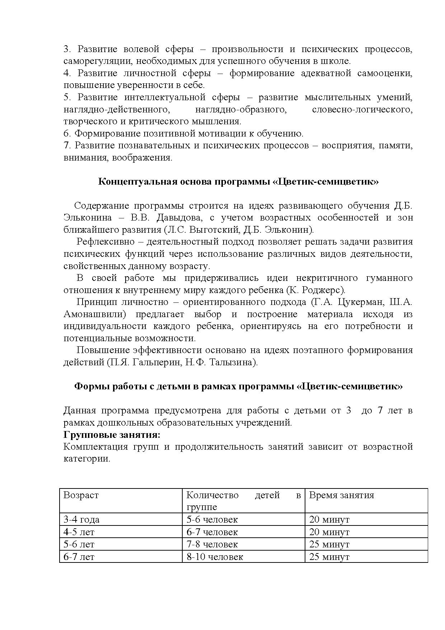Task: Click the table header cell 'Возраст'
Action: [81, 495]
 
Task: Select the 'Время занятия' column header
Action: [341, 495]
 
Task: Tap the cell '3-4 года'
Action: [81, 519]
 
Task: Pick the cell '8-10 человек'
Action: [215, 557]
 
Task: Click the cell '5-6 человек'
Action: [212, 519]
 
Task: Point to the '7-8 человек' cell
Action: [212, 544]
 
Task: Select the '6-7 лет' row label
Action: [79, 557]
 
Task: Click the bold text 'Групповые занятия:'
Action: [112, 435]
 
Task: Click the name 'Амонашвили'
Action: [94, 314]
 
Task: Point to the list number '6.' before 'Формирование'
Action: [67, 134]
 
